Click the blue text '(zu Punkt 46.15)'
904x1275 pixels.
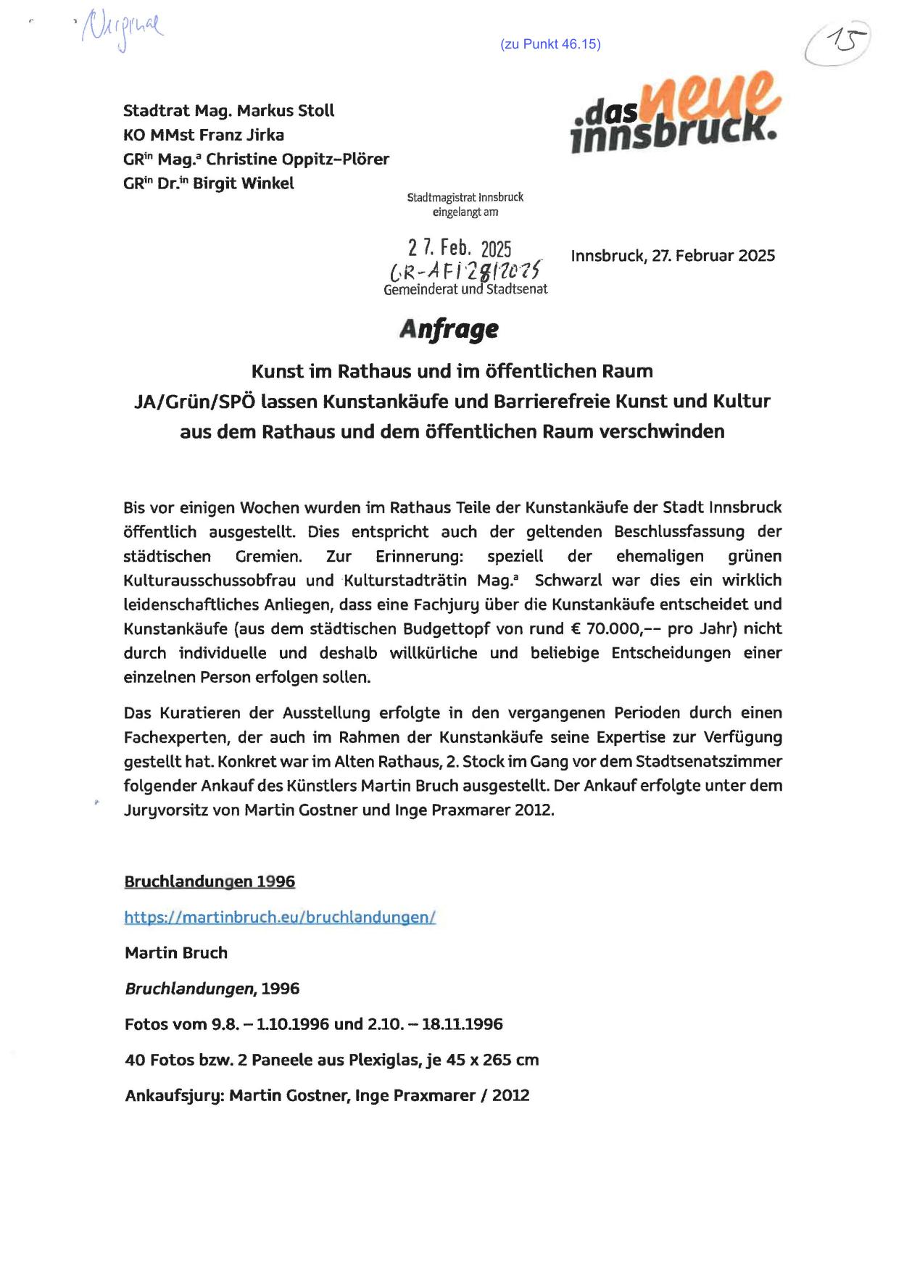pyautogui.click(x=550, y=44)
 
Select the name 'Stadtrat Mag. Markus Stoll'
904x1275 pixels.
pyautogui.click(x=228, y=111)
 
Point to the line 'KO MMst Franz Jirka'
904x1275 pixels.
pyautogui.click(x=203, y=135)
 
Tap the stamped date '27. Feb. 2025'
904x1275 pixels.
pyautogui.click(x=460, y=248)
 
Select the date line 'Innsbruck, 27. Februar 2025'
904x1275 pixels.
pyautogui.click(x=673, y=256)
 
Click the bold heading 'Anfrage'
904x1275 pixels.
pyautogui.click(x=449, y=329)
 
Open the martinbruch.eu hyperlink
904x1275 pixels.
pyautogui.click(x=280, y=917)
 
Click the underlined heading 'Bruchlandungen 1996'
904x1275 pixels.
pyautogui.click(x=210, y=881)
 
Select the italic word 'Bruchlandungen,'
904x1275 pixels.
pyautogui.click(x=191, y=989)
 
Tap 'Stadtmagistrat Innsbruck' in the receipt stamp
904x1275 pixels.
pyautogui.click(x=465, y=197)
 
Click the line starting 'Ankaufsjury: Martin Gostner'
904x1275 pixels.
pyautogui.click(x=327, y=1095)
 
